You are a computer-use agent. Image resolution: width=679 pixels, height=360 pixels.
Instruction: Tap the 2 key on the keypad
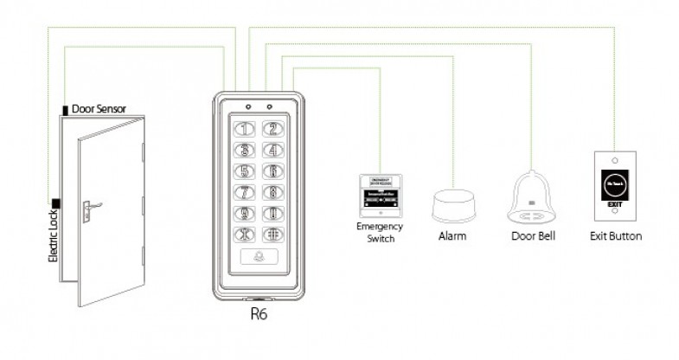click(272, 130)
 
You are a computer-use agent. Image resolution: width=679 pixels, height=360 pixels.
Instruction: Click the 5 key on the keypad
click(246, 171)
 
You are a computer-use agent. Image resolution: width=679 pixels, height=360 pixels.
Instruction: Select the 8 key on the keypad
click(272, 192)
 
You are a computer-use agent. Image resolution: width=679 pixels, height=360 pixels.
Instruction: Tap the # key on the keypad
click(272, 234)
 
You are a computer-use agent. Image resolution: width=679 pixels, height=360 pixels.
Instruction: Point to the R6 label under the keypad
click(258, 314)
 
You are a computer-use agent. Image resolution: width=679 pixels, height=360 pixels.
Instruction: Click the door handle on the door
click(89, 208)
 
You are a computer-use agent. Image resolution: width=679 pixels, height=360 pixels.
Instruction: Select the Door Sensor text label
click(99, 109)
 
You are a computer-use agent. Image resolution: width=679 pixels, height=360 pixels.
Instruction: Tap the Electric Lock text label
click(52, 245)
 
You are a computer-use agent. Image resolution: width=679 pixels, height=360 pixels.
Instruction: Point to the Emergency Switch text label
click(381, 232)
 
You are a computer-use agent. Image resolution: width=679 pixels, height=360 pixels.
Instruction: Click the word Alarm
click(454, 235)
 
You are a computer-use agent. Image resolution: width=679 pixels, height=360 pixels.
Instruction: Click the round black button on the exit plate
click(613, 185)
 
